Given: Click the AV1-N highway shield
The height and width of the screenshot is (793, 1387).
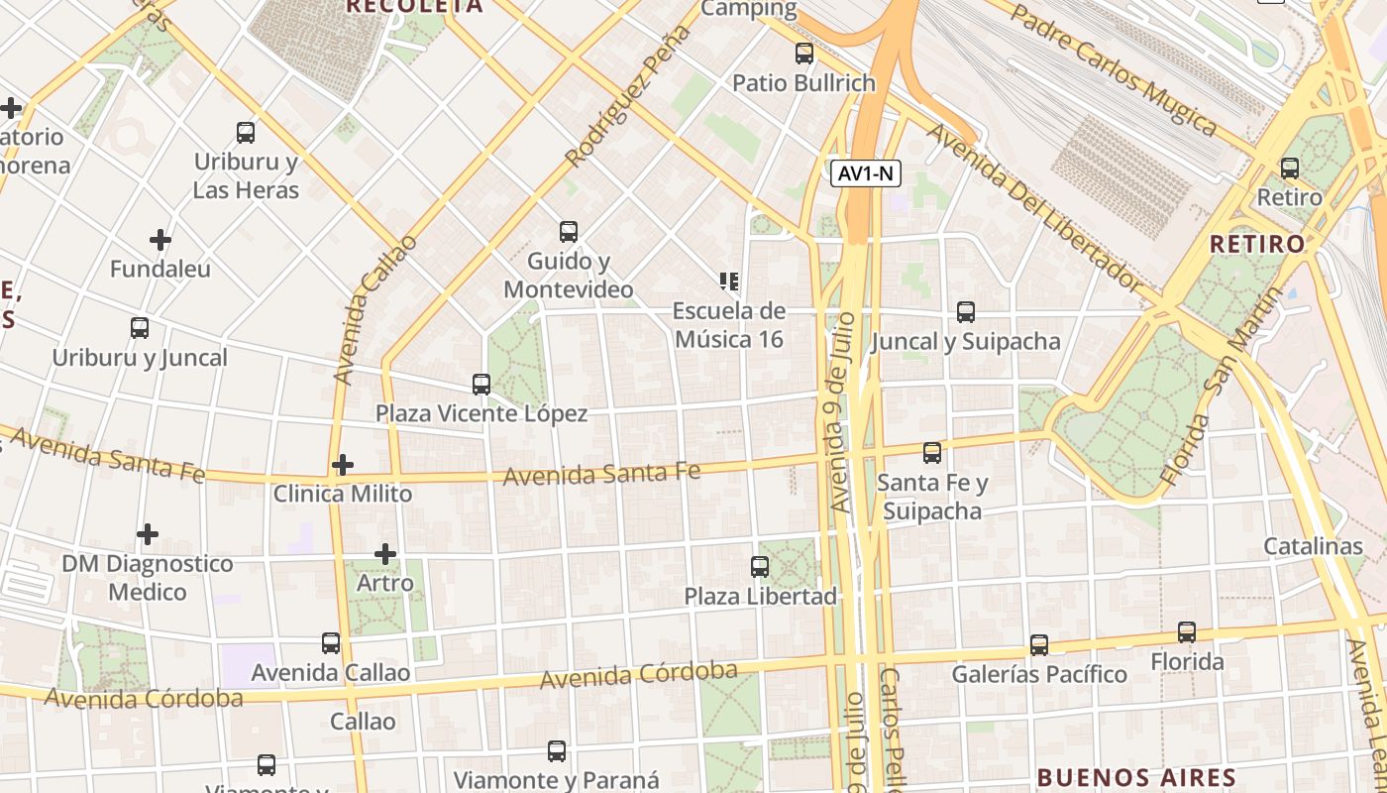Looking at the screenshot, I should click(x=865, y=173).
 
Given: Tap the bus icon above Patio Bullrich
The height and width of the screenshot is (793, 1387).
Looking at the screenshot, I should click(x=804, y=54).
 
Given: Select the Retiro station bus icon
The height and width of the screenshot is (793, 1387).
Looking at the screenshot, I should click(x=1289, y=169).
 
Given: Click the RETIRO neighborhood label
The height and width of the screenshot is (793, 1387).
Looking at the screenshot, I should click(x=1257, y=244).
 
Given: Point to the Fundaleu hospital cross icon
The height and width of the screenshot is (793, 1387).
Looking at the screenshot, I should click(x=160, y=240).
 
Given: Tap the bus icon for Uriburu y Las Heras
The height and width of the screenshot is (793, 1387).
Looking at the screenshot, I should click(x=245, y=132).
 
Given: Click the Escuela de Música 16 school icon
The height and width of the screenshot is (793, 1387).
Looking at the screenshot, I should click(x=730, y=282).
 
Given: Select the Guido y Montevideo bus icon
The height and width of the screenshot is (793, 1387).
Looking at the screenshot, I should click(x=568, y=232).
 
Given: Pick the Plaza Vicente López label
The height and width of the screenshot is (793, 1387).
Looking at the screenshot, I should click(x=480, y=413).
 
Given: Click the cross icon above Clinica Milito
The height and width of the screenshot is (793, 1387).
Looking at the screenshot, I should click(x=343, y=464).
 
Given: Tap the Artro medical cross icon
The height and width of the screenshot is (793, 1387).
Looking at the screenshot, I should click(x=385, y=554).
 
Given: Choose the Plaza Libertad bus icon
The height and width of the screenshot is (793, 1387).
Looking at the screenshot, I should click(x=760, y=567).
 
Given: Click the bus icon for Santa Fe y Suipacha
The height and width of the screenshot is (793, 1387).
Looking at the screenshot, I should click(x=932, y=453).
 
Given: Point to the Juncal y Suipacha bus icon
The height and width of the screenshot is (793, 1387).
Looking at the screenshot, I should click(x=966, y=312).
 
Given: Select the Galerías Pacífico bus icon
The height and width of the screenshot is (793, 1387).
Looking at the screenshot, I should click(x=1038, y=645).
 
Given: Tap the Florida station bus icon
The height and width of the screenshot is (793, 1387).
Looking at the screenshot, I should click(x=1186, y=632).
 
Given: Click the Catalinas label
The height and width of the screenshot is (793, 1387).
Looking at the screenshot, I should click(x=1313, y=546).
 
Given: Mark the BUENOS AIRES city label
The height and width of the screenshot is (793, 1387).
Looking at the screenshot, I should click(x=1136, y=777).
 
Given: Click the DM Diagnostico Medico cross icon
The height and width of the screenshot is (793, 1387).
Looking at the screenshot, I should click(x=148, y=534).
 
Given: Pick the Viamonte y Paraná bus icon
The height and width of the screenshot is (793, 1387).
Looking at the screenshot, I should click(x=557, y=751).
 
